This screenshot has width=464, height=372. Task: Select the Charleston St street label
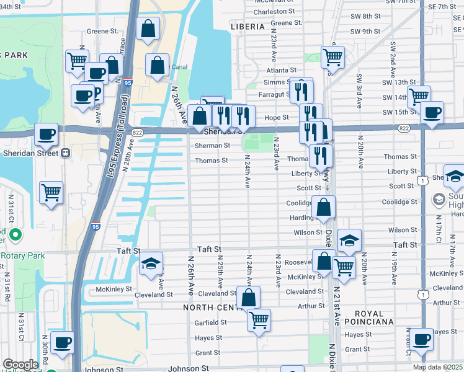274,12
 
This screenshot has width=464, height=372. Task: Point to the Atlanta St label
282,71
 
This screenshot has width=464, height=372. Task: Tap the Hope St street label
277,117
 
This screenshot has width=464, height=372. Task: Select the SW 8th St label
363,16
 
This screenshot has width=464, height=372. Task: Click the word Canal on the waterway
179,67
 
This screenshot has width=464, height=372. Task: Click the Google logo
20,365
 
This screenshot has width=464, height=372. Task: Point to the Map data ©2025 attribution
437,367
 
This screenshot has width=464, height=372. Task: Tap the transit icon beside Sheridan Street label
65,153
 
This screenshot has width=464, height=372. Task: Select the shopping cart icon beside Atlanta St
333,58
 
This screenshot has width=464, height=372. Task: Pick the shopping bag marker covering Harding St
324,208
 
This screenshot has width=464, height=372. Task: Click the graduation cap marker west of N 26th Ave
151,263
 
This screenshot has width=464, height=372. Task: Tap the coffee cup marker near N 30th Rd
61,342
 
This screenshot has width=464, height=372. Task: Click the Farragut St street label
274,94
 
